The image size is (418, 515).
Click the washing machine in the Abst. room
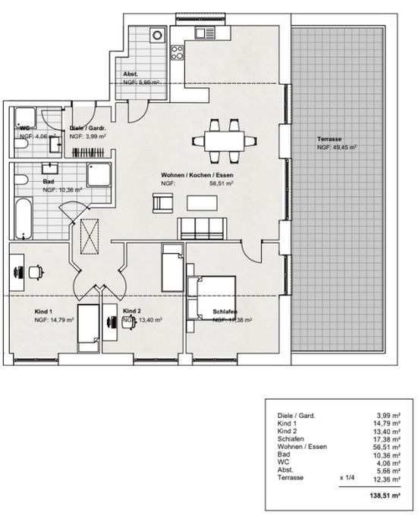tap(158, 34)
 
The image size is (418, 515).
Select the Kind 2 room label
tap(132, 311)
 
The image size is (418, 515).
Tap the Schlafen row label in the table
tap(288, 439)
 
